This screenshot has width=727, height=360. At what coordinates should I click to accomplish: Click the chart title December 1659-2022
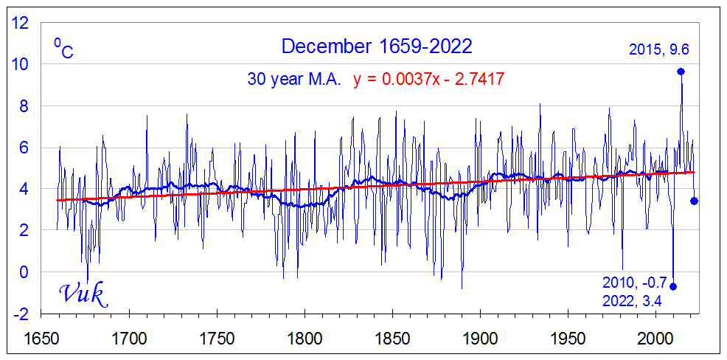(x=376, y=46)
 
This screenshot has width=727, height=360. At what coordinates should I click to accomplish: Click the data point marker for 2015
(x=681, y=72)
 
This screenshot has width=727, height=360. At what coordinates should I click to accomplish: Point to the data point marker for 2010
(x=673, y=286)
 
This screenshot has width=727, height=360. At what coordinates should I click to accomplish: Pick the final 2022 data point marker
(x=694, y=201)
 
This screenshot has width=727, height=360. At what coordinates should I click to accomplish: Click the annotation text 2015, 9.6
(x=658, y=50)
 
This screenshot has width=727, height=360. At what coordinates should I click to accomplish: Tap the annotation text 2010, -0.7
(x=634, y=283)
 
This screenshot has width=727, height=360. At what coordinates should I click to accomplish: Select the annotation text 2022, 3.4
(x=632, y=300)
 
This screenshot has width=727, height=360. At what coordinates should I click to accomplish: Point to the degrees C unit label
(x=63, y=49)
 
